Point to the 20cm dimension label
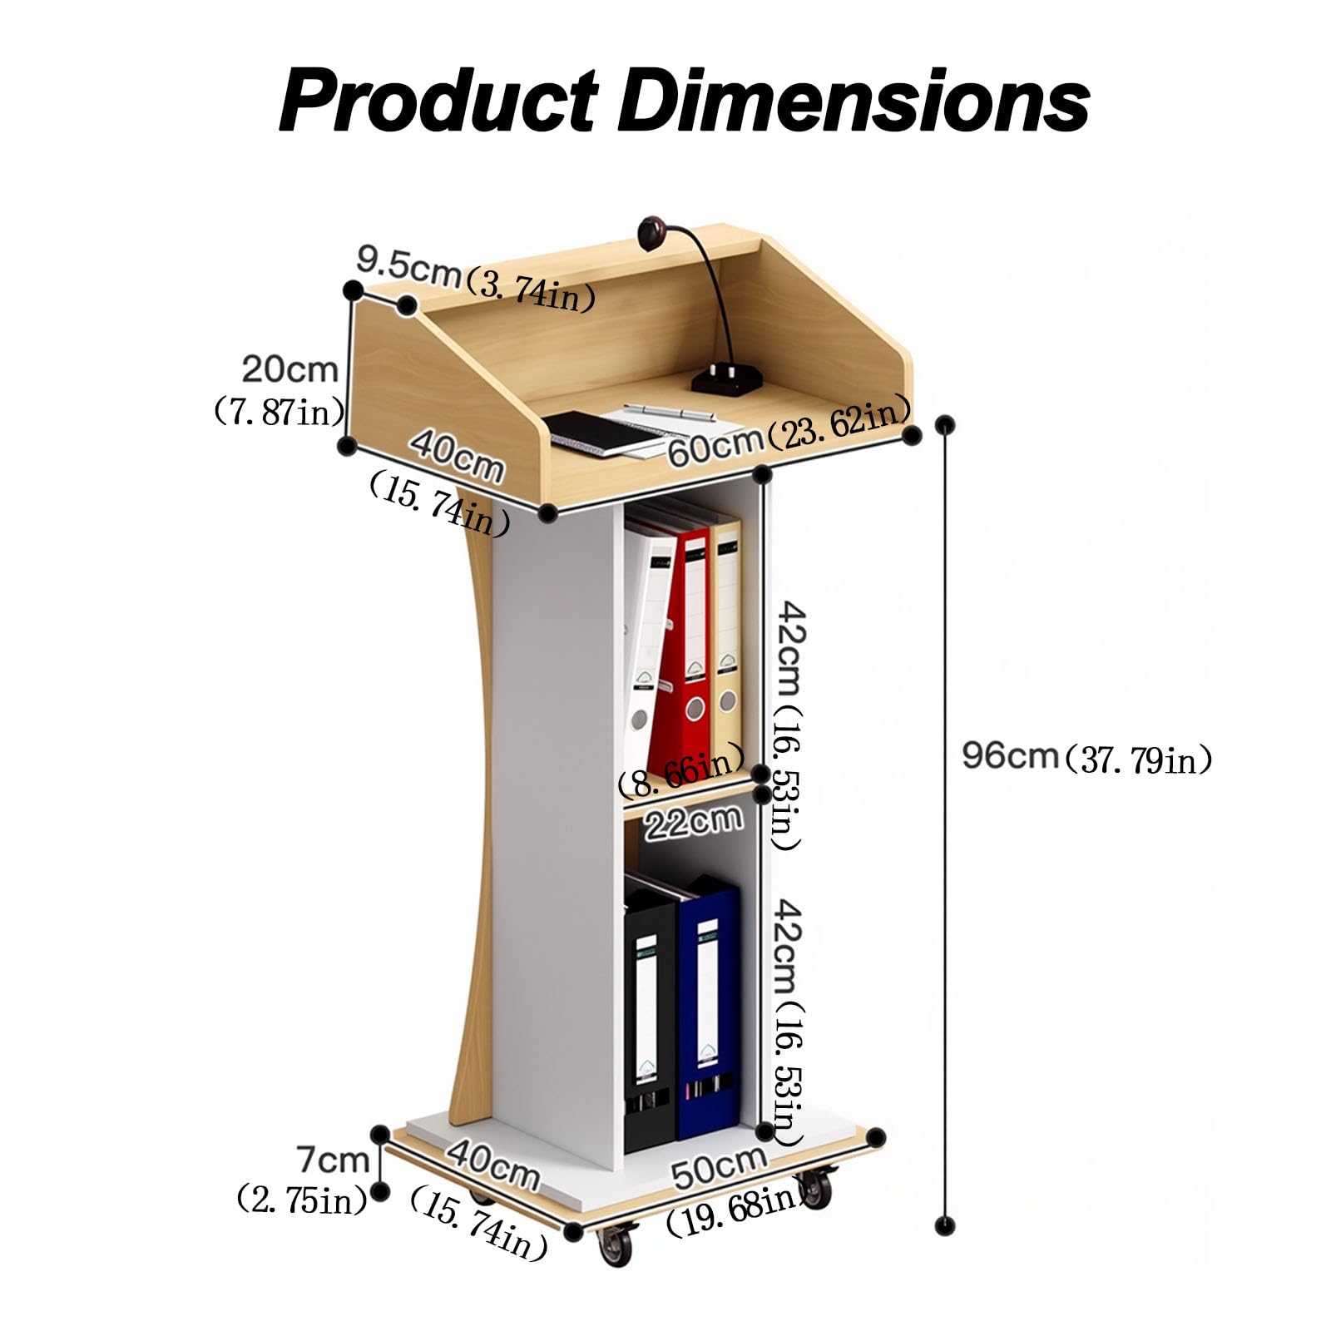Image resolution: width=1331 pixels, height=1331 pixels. (x=290, y=369)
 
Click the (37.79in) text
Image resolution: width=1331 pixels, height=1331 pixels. (x=1136, y=758)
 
